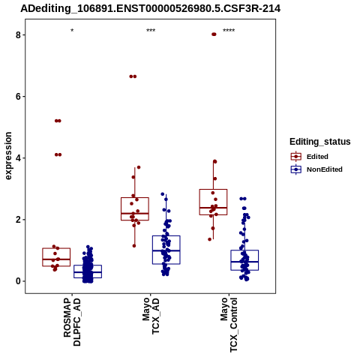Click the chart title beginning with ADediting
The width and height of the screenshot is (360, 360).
pyautogui.click(x=151, y=9)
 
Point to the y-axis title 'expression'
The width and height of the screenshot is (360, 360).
pyautogui.click(x=8, y=156)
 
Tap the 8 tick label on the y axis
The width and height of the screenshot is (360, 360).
pyautogui.click(x=18, y=35)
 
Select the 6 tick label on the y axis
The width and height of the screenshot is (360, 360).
pyautogui.click(x=18, y=97)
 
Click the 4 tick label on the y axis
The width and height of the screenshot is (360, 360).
pyautogui.click(x=18, y=158)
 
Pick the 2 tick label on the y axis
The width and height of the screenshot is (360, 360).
pyautogui.click(x=18, y=220)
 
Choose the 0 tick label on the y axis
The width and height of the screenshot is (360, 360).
pyautogui.click(x=18, y=281)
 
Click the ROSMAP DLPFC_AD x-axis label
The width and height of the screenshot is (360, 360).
pyautogui.click(x=72, y=322)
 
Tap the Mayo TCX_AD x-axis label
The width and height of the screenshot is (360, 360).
pyautogui.click(x=151, y=316)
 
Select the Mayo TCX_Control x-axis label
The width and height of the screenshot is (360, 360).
pyautogui.click(x=229, y=325)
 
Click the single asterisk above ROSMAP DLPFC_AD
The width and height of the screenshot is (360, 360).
pyautogui.click(x=72, y=31)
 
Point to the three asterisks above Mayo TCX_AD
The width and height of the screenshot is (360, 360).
pyautogui.click(x=151, y=31)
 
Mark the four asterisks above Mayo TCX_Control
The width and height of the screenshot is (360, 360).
pyautogui.click(x=229, y=31)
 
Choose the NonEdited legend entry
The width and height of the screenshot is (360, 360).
pyautogui.click(x=316, y=169)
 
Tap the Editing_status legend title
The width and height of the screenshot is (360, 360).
pyautogui.click(x=320, y=142)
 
